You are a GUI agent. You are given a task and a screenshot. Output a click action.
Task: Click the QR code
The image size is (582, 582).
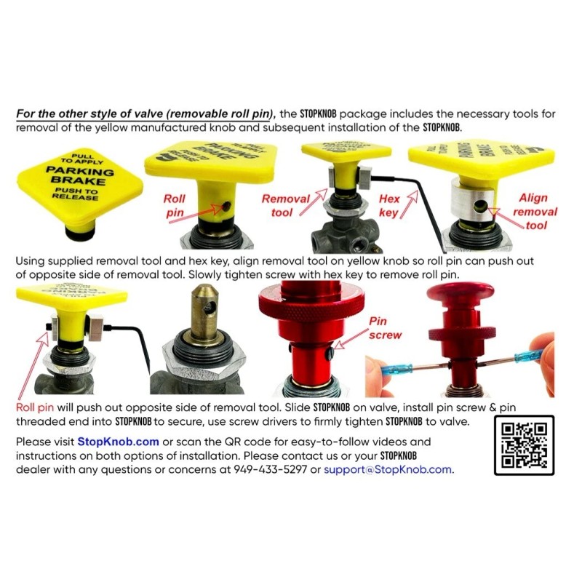[524, 445]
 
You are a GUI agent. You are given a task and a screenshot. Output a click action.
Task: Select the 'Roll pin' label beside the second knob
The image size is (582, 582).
[175, 204]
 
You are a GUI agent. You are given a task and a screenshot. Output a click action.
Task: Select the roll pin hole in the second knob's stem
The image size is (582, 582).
[227, 207]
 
